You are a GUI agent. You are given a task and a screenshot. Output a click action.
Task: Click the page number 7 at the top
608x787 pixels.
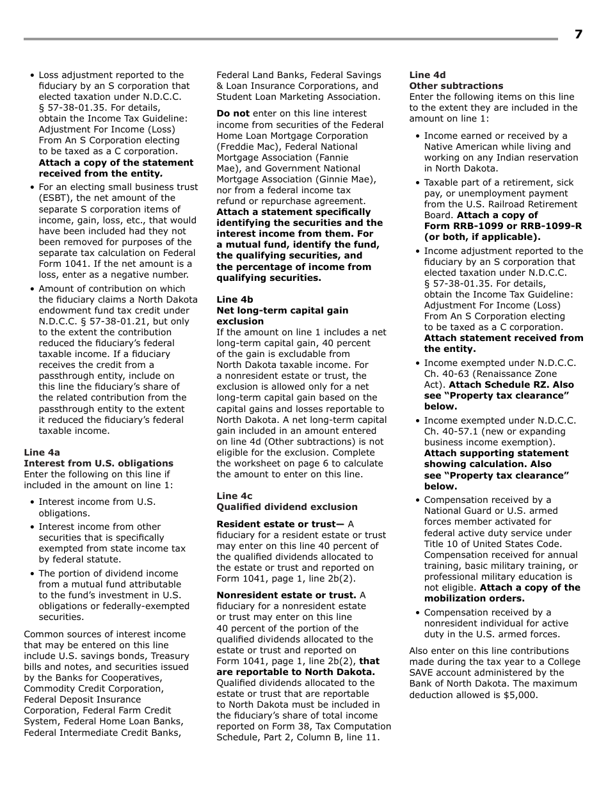click(578, 35)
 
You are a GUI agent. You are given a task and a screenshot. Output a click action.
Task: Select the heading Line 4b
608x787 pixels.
click(234, 299)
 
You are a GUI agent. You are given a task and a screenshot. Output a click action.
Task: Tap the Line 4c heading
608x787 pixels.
click(234, 496)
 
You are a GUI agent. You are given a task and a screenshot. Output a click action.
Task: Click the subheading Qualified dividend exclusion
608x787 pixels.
click(287, 507)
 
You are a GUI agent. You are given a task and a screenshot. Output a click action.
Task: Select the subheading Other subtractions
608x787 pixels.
click(456, 86)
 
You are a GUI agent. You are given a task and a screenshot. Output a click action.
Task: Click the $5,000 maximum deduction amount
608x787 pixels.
click(521, 695)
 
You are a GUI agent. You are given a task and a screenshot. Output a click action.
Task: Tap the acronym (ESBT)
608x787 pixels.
click(55, 198)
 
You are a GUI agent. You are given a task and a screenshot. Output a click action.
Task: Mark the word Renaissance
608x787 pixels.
click(471, 374)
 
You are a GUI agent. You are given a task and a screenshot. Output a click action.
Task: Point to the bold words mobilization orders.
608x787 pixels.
click(474, 598)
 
